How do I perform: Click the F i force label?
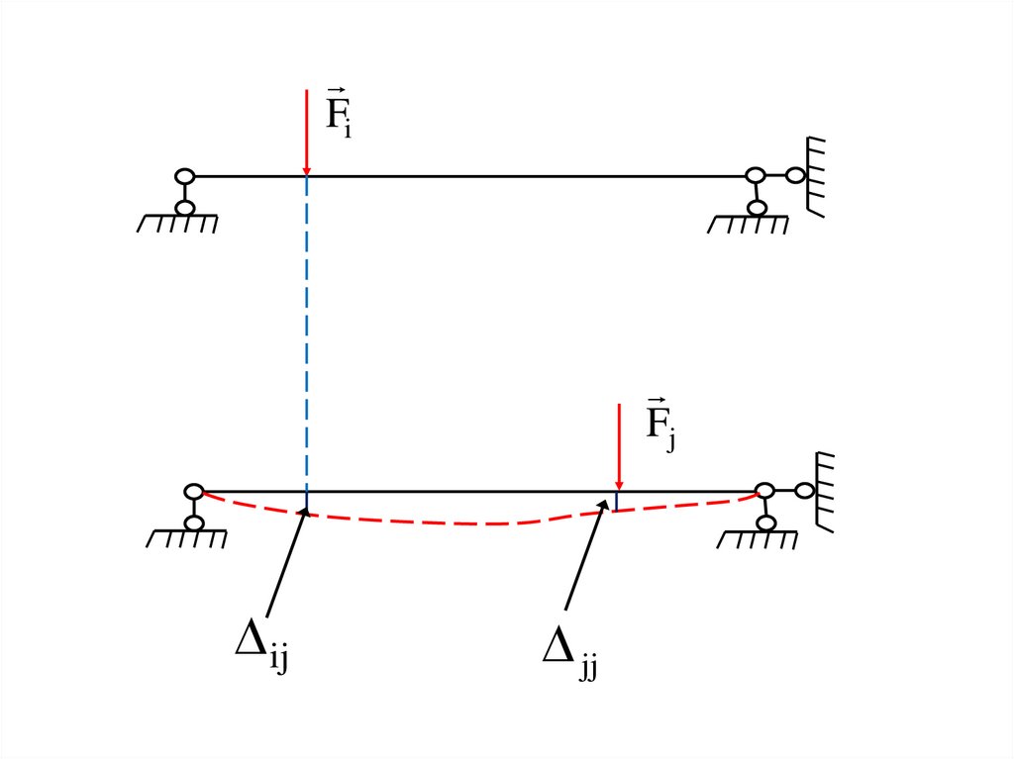point(339,113)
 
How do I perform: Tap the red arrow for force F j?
point(618,445)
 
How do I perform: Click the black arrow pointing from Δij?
point(286,564)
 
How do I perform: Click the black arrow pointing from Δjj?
point(586,554)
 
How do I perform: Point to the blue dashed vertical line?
point(307,336)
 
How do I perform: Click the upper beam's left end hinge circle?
point(183,177)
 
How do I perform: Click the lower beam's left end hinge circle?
point(194,491)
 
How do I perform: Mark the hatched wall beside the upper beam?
point(818,176)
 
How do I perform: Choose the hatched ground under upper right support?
point(750,224)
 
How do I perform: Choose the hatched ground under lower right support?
point(761,538)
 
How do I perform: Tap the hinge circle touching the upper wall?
point(795,176)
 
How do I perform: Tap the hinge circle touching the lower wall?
point(804,490)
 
